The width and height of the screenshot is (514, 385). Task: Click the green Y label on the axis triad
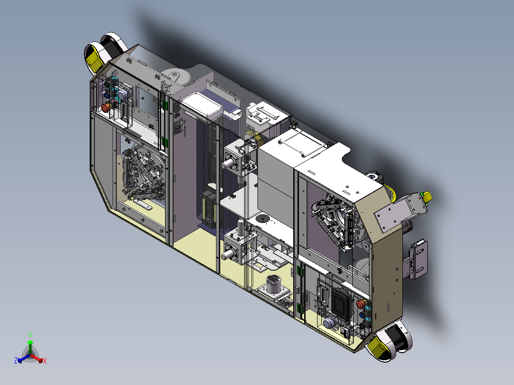pos(30,334)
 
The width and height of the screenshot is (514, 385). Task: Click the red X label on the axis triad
pos(45,361)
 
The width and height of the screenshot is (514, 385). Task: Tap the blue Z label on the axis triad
pos(16,361)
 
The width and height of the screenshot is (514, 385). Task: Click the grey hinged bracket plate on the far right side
pos(418,259)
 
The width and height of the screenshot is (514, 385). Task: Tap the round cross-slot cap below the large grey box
pos(263,219)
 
